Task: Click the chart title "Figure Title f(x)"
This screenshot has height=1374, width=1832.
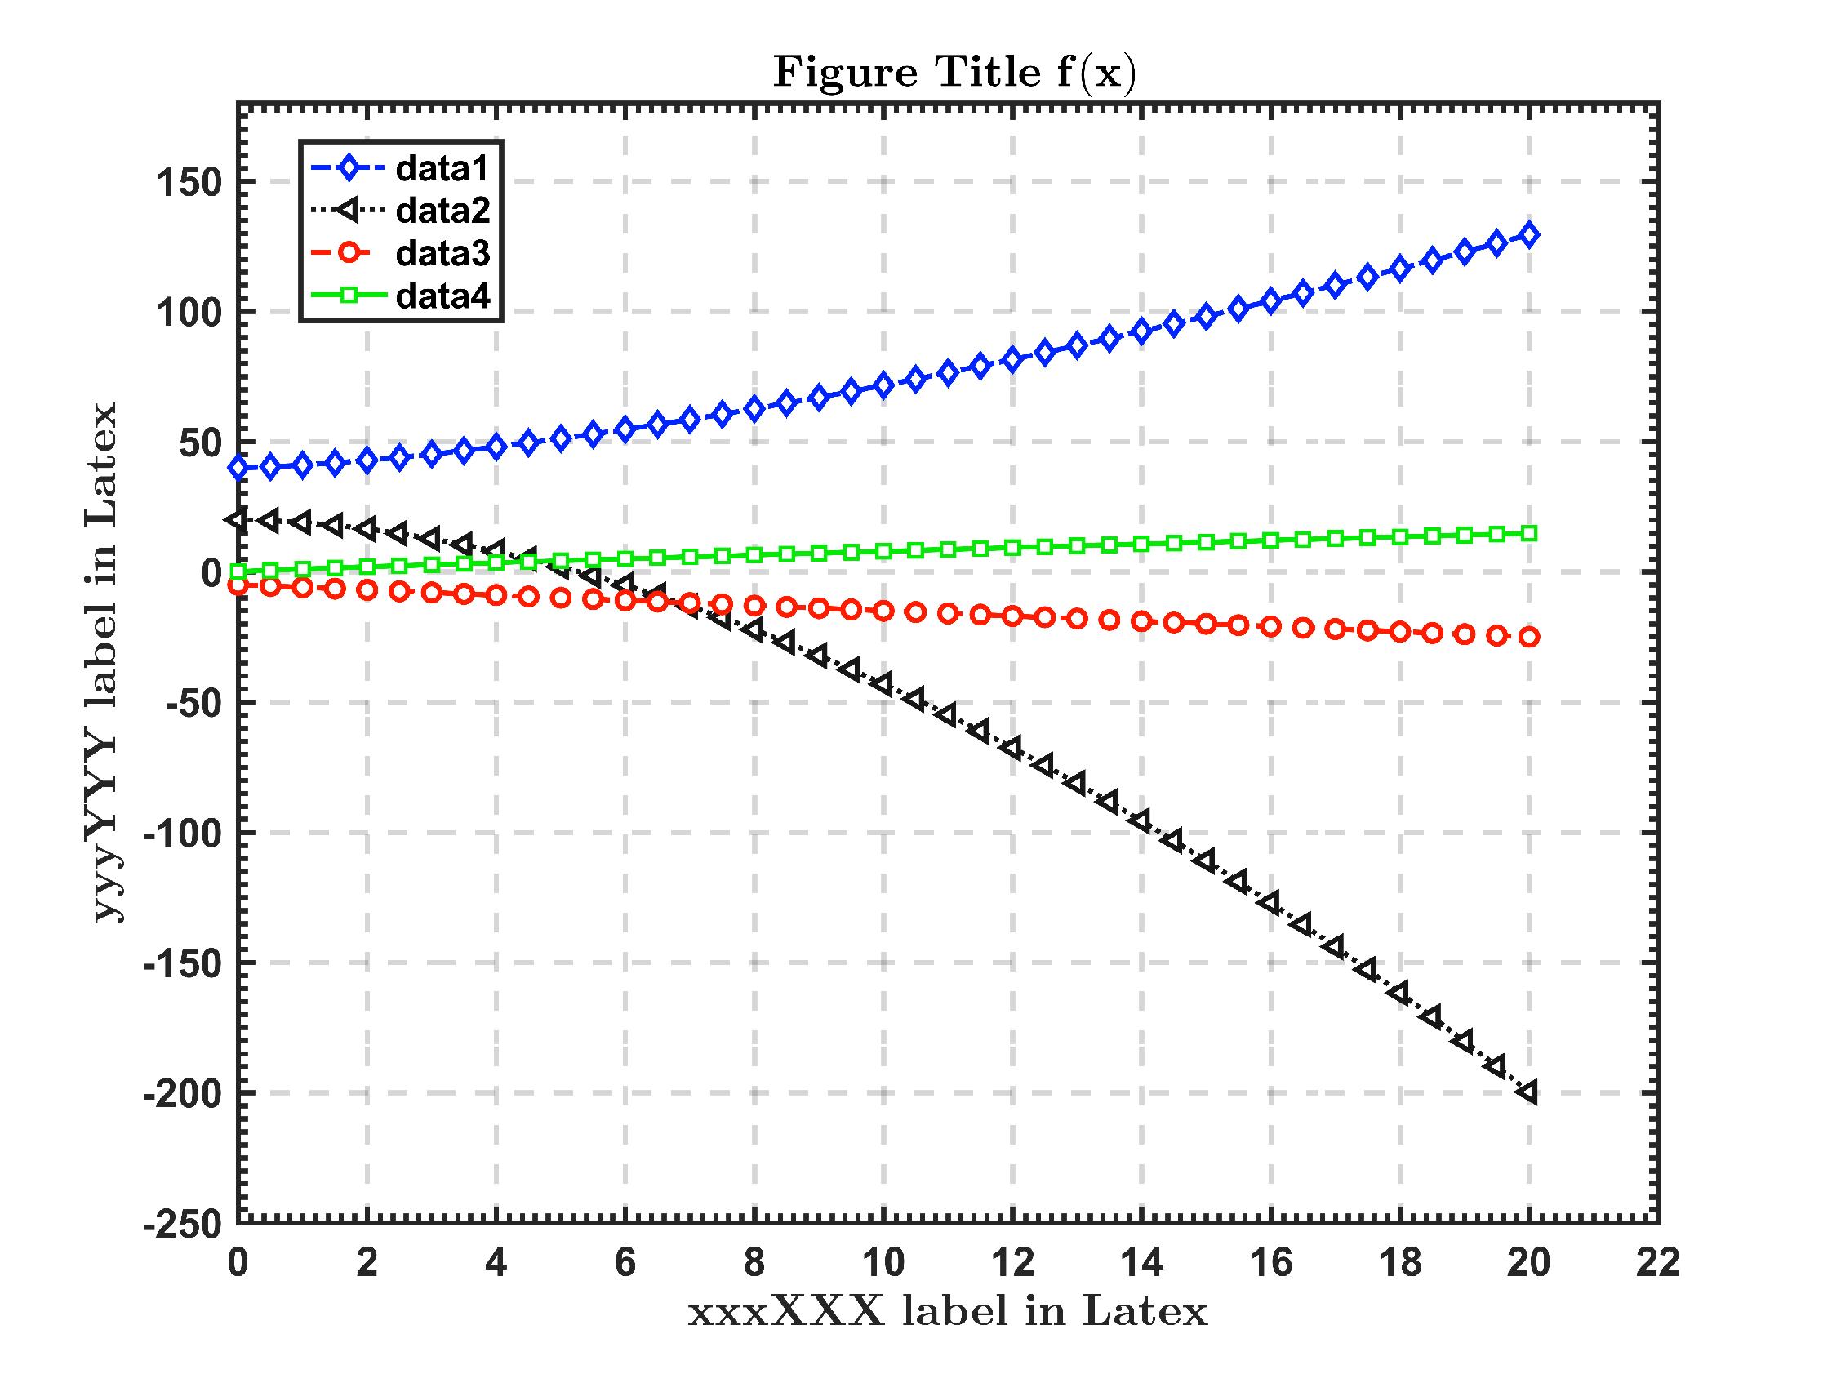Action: [x=954, y=73]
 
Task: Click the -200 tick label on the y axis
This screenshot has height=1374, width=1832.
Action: [x=183, y=1094]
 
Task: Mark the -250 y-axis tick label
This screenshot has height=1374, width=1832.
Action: [x=183, y=1224]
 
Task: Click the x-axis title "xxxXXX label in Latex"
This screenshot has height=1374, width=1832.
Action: [x=948, y=1311]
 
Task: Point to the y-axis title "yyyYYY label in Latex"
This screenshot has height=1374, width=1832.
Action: [x=103, y=663]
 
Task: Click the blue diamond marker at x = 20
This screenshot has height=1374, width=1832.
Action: [x=1529, y=234]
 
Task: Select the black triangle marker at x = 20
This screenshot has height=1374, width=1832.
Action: [x=1529, y=1092]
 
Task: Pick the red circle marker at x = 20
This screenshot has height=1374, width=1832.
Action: [x=1529, y=636]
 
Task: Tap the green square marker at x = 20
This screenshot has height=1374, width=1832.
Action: [x=1529, y=533]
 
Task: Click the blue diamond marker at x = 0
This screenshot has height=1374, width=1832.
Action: [x=238, y=468]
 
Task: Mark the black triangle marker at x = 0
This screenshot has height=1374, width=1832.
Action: [x=237, y=520]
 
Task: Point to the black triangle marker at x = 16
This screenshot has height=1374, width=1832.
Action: [x=1270, y=901]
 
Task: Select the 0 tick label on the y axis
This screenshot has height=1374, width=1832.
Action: [x=212, y=572]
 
